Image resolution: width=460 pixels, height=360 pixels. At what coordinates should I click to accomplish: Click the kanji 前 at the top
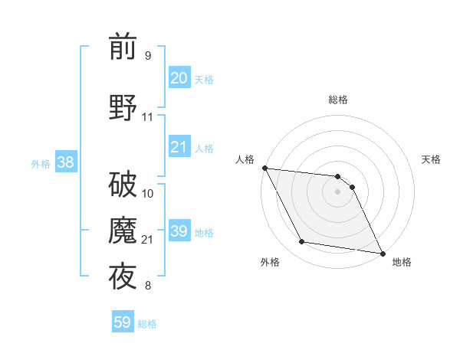pos(123,47)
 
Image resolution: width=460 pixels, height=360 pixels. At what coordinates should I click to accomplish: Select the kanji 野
pos(123,108)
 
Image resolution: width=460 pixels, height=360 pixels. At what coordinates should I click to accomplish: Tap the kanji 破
pos(123,185)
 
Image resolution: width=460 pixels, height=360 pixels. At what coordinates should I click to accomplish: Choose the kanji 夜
pos(123,277)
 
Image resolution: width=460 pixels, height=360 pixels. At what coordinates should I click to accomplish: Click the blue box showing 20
pos(179,78)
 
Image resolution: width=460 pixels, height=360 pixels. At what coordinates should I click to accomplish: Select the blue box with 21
pos(179,147)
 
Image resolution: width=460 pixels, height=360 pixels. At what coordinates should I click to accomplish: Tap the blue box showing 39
pos(179,231)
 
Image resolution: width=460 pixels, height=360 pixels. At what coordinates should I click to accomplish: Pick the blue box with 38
pos(65,162)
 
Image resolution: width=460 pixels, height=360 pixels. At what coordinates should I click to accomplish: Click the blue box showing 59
pos(123,322)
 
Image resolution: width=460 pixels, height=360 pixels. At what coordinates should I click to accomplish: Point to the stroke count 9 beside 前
pos(147,56)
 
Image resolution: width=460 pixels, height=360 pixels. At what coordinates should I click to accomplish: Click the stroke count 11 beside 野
pos(147,117)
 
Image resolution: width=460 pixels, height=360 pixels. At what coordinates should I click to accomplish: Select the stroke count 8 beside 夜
pos(147,286)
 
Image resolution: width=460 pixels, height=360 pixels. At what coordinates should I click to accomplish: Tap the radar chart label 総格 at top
pos(337,100)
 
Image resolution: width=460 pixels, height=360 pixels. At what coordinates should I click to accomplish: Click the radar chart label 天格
pos(431,159)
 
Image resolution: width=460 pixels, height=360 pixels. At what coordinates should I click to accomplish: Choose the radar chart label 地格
pos(402,262)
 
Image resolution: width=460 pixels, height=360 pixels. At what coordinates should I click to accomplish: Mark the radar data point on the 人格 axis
pos(264,168)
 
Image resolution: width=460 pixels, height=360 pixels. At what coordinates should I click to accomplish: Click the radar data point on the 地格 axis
pos(382,253)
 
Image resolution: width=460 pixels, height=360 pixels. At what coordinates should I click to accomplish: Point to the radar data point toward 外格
pos(301,242)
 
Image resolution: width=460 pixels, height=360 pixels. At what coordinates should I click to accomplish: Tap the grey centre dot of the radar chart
pos(337,191)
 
